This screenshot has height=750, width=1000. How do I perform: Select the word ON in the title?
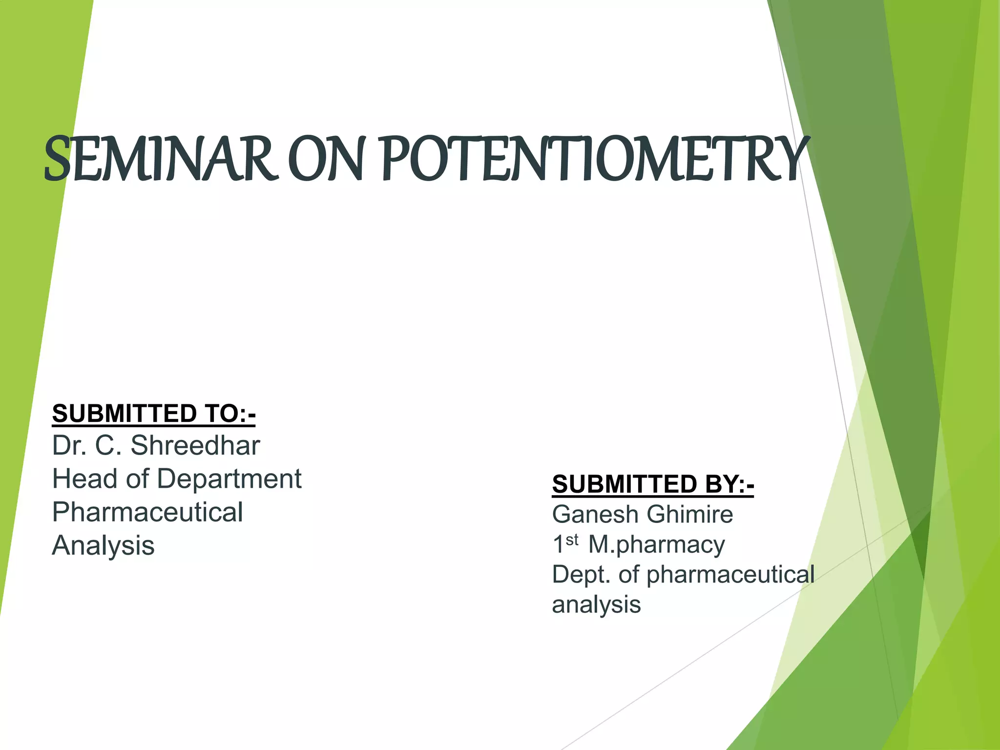pyautogui.click(x=326, y=159)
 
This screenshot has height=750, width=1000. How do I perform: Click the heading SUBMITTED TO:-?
pyautogui.click(x=153, y=414)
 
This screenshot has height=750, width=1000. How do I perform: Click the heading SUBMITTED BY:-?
pyautogui.click(x=653, y=484)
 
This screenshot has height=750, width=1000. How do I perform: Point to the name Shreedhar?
pyautogui.click(x=195, y=445)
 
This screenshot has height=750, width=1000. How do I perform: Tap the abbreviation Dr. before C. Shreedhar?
pyautogui.click(x=70, y=445)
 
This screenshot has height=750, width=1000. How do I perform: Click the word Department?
pyautogui.click(x=229, y=479)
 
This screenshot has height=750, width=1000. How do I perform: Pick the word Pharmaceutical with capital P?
pyautogui.click(x=147, y=512)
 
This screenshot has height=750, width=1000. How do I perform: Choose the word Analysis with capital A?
pyautogui.click(x=103, y=545)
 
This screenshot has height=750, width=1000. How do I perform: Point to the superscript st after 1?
pyautogui.click(x=572, y=540)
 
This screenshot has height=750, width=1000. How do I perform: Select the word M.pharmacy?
pyautogui.click(x=656, y=545)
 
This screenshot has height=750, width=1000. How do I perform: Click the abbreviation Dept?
pyautogui.click(x=581, y=575)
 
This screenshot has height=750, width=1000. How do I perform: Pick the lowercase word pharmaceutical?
pyautogui.click(x=730, y=575)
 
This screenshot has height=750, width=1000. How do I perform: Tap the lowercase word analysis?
pyautogui.click(x=596, y=604)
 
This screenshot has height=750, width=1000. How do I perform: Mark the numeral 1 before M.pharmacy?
pyautogui.click(x=558, y=545)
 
